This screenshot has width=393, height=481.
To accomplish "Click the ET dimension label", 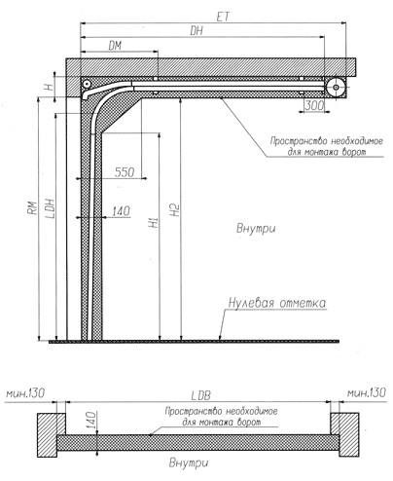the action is click(x=223, y=18).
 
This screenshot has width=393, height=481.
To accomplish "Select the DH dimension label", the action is click(x=196, y=31).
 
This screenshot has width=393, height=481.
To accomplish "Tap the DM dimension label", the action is click(x=115, y=46).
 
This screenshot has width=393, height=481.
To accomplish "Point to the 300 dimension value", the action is click(x=314, y=105).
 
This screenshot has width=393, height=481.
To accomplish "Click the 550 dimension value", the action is click(x=125, y=172).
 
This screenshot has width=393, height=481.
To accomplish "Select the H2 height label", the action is click(x=175, y=210).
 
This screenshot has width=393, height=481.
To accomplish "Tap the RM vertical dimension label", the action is click(x=32, y=208).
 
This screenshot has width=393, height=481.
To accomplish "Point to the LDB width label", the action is click(x=200, y=395).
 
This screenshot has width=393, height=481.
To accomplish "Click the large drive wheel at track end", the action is click(x=336, y=88).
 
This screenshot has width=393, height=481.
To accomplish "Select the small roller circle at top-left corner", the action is click(x=87, y=85).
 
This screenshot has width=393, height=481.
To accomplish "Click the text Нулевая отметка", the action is click(x=277, y=303).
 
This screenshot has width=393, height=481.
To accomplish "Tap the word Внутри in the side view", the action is click(x=256, y=229).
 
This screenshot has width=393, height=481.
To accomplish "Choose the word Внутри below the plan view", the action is click(x=189, y=462).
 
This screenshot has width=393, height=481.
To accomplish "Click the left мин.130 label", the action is click(x=25, y=393).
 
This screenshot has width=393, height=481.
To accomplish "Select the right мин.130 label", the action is click(x=367, y=393).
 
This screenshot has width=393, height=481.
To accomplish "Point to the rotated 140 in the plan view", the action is click(x=91, y=421).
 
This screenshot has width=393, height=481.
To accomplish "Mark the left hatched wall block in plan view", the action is click(x=48, y=435).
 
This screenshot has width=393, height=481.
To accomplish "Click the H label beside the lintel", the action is click(x=49, y=87).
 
